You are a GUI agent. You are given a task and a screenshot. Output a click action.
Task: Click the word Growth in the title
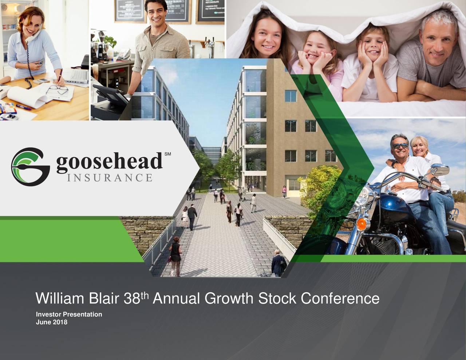(x=229, y=299)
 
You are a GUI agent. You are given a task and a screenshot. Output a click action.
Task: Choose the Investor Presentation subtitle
(x=69, y=314)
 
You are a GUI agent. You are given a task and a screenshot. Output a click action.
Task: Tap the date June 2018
(x=51, y=322)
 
